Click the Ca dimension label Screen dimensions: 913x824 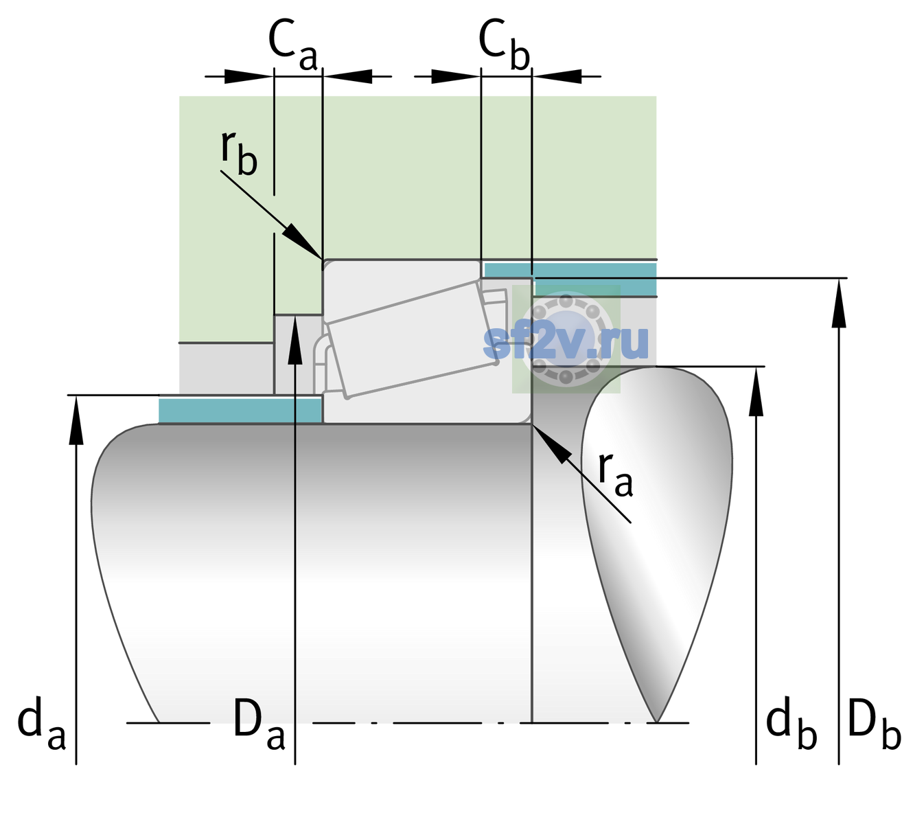coord(292,45)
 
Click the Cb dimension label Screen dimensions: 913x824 coord(505,45)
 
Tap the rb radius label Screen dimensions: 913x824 coord(239,152)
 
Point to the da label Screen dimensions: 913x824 coord(41,723)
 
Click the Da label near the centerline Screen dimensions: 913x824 coord(259,724)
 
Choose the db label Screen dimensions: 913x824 coord(791,723)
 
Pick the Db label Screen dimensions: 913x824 coord(875,724)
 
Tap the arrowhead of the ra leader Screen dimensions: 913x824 coord(551,444)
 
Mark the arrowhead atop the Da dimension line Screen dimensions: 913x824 coord(295,340)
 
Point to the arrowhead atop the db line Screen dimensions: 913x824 coord(756,391)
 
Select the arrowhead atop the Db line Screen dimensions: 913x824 coord(839,303)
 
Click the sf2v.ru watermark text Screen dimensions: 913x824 coord(566,342)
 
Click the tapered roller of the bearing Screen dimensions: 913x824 coord(412,339)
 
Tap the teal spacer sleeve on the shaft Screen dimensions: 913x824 coord(240,410)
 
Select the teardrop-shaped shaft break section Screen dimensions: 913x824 coord(657,544)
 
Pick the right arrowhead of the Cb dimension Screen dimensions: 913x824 coord(557,76)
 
